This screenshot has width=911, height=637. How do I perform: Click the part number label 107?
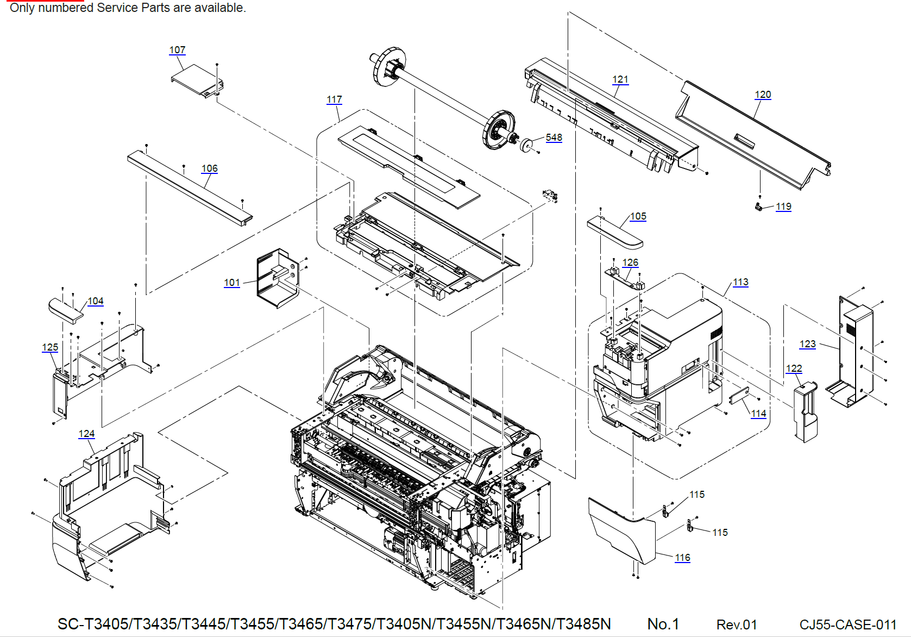click(177, 50)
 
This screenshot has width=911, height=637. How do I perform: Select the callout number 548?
click(554, 138)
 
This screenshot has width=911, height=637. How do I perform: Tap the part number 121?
click(620, 79)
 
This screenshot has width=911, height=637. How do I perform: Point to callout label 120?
click(763, 95)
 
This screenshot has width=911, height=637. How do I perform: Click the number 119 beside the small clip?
click(783, 207)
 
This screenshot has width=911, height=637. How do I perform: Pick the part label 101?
click(231, 283)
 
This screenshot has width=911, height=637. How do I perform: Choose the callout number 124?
click(86, 434)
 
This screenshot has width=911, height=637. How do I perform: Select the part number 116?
click(682, 558)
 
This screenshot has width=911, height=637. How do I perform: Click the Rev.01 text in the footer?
click(736, 624)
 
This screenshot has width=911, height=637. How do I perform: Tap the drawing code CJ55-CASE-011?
click(847, 624)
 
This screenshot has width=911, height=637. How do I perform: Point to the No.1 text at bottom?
click(663, 624)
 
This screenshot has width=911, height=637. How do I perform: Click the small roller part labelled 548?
click(526, 145)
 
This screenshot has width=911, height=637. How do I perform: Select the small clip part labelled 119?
click(758, 207)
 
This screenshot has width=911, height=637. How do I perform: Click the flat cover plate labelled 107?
click(196, 80)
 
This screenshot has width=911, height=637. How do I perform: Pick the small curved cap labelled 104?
click(65, 310)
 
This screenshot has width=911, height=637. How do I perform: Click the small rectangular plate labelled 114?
click(739, 395)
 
